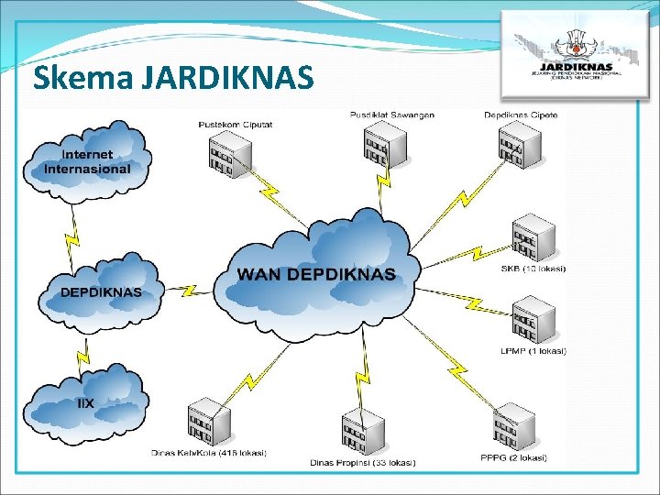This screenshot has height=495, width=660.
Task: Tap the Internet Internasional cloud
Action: click(88, 162)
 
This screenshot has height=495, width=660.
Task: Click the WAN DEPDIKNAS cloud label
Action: click(316, 274)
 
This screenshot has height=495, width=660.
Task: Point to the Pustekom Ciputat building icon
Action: click(227, 152)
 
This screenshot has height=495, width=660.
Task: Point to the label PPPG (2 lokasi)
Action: click(513, 457)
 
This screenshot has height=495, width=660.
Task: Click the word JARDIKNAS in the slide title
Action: click(228, 78)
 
